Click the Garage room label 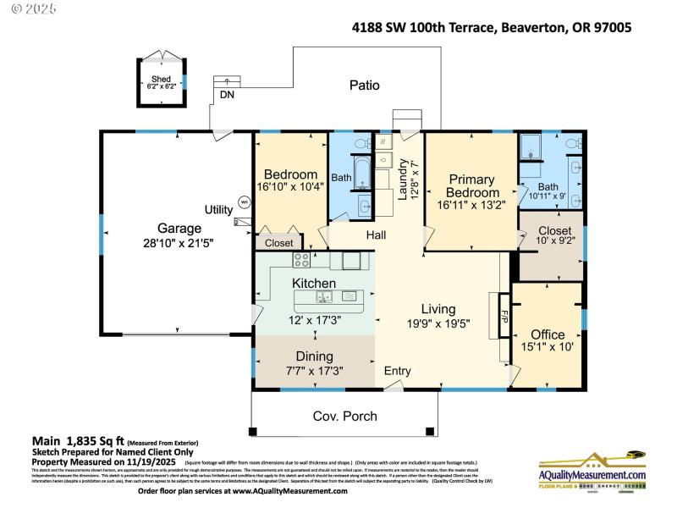tap(179, 228)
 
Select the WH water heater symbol tap(244, 202)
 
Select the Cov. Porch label tap(345, 416)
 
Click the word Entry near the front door tap(398, 371)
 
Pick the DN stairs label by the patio tap(227, 95)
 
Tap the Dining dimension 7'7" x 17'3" tap(314, 371)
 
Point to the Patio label tap(365, 85)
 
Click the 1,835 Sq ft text tap(92, 440)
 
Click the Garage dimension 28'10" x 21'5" tap(179, 243)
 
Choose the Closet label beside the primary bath tap(554, 230)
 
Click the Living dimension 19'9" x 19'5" tap(439, 323)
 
